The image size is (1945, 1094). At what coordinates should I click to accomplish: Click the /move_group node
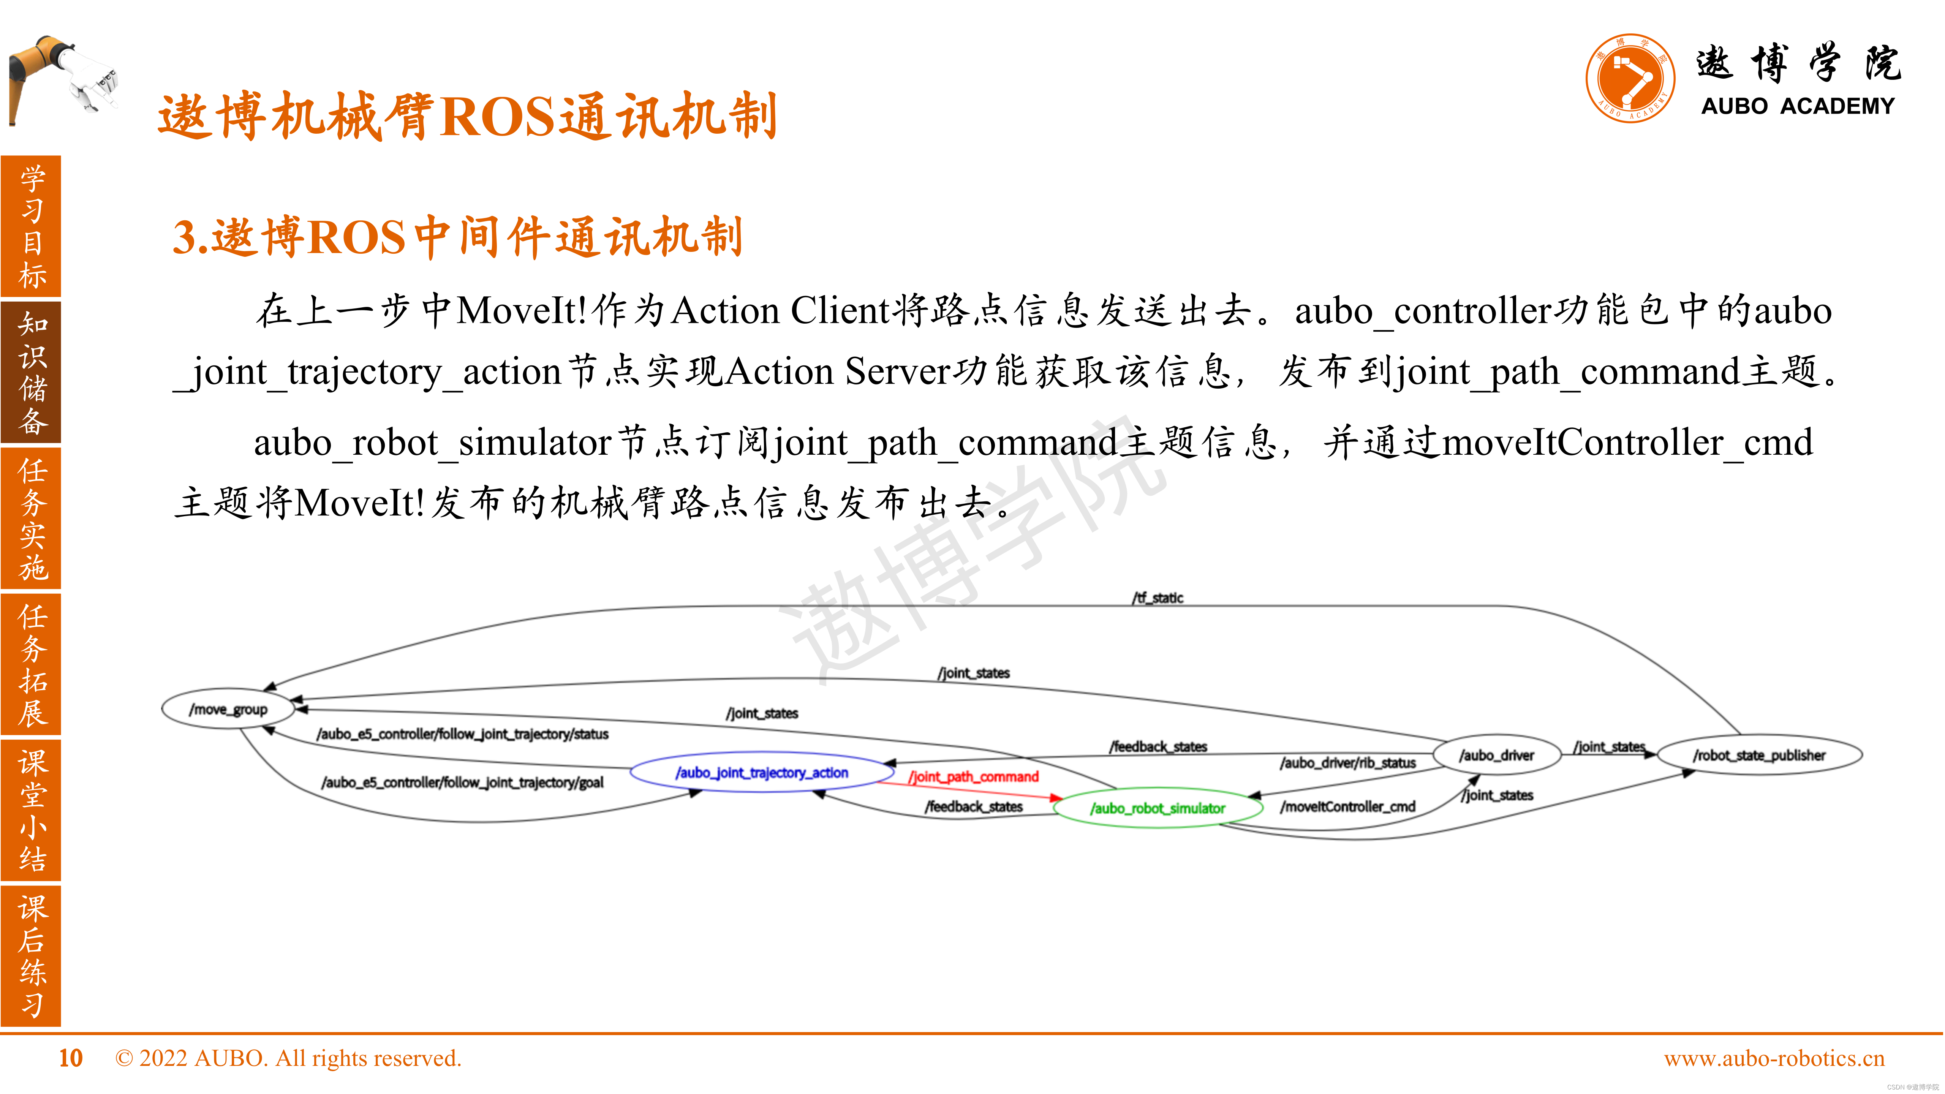point(228,709)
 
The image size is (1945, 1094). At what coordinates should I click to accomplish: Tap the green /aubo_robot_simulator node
point(1157,808)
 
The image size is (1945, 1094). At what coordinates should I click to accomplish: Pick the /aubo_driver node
point(1496,755)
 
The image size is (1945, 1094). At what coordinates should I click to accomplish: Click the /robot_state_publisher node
point(1758,755)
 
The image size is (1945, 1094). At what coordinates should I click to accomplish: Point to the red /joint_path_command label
point(974,777)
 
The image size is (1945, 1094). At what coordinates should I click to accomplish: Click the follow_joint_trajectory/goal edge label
point(462,782)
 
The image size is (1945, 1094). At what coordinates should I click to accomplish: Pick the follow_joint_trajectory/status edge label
point(462,734)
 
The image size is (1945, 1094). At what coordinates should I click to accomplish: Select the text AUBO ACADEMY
point(1797,106)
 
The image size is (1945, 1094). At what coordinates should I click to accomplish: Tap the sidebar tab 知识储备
point(32,372)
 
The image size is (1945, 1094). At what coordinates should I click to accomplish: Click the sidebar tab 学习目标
point(32,226)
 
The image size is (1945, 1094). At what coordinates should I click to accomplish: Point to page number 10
point(70,1059)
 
